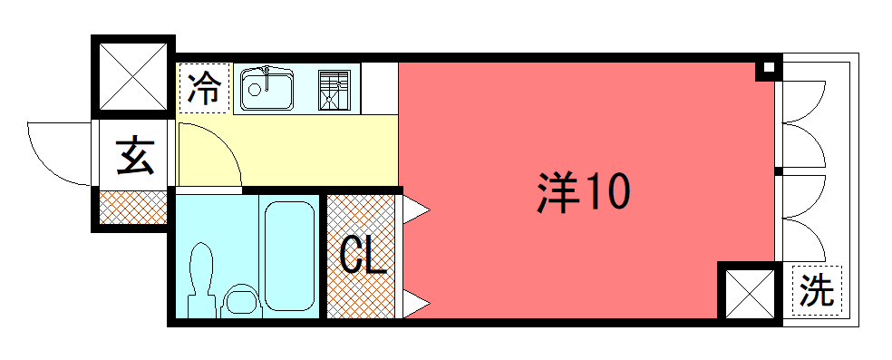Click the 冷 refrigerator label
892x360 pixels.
(x=204, y=89)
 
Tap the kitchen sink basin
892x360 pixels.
(x=267, y=89)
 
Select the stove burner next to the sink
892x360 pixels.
(x=334, y=90)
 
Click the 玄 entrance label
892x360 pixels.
(x=135, y=155)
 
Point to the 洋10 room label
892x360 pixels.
(x=583, y=192)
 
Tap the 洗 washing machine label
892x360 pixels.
(x=817, y=290)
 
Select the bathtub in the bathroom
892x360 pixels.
(x=289, y=257)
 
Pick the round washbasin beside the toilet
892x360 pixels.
(x=241, y=301)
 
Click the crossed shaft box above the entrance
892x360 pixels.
(x=133, y=77)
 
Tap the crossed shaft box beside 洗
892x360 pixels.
(x=750, y=294)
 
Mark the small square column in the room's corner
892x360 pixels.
(x=769, y=68)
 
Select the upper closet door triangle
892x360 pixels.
(x=416, y=209)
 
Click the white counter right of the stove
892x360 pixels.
(x=380, y=89)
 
